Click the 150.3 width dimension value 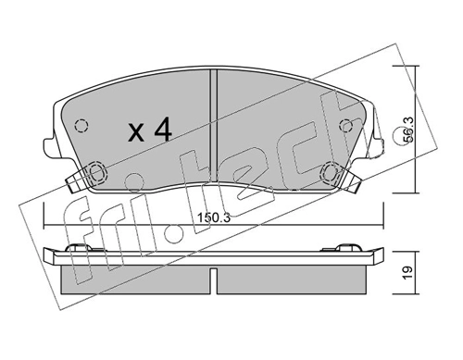pos(215,217)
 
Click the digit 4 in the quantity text pos(163,131)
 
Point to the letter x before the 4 pos(136,133)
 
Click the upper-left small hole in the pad pos(81,127)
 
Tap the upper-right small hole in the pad pos(346,127)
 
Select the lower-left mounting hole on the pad pos(95,171)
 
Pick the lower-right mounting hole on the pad pos(332,171)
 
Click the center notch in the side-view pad pos(214,276)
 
